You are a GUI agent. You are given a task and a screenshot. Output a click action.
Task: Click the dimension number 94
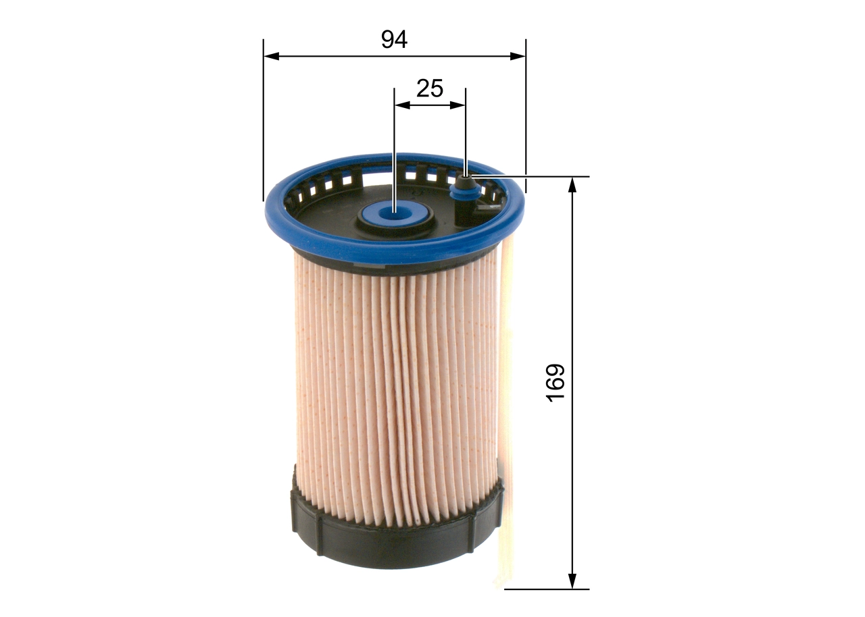(394, 39)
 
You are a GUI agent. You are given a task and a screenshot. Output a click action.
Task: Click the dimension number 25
(429, 88)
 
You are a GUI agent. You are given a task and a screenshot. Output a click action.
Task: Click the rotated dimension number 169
(555, 383)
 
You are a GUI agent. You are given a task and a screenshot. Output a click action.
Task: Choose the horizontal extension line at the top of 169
(541, 177)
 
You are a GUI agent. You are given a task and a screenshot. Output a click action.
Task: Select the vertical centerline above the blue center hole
(394, 149)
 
